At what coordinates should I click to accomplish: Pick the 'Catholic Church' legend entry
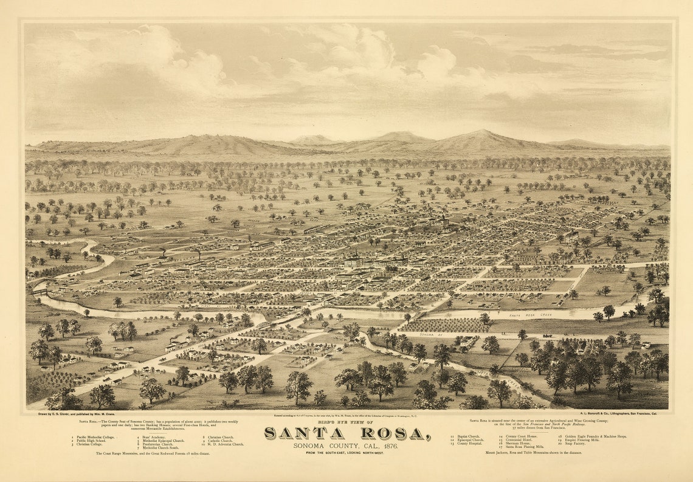tap(222, 440)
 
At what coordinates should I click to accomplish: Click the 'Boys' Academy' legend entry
tap(156, 436)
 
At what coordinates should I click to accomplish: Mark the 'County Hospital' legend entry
tap(469, 444)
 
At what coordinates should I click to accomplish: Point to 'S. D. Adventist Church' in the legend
tap(226, 444)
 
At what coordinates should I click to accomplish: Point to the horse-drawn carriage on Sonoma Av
tap(546, 335)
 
